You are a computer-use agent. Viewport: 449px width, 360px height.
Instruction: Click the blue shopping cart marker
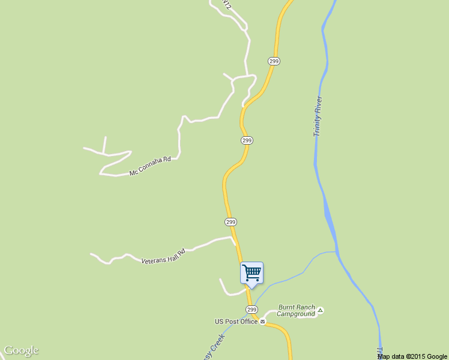tap(252, 272)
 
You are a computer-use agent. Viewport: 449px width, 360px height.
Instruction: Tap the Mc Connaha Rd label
tap(151, 166)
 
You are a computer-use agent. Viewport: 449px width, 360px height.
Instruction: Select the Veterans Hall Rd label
tap(163, 257)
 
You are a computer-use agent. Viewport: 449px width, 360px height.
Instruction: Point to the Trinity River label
tap(318, 116)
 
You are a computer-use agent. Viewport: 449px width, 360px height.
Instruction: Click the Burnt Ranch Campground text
tap(297, 310)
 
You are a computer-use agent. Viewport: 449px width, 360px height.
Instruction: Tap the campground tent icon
tap(321, 310)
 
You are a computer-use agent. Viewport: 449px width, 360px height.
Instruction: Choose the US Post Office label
tap(237, 322)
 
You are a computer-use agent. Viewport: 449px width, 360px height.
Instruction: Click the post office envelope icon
tap(262, 322)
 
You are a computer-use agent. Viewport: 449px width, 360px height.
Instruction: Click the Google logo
tap(21, 350)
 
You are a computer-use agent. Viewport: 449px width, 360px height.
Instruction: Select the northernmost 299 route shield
tap(274, 61)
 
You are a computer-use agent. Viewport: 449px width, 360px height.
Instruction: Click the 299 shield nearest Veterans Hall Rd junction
tap(231, 222)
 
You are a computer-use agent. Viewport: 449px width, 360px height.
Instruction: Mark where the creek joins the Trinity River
tap(336, 252)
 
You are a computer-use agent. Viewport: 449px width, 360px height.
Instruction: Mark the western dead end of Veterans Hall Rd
tap(91, 254)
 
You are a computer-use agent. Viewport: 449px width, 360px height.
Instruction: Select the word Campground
tap(296, 314)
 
